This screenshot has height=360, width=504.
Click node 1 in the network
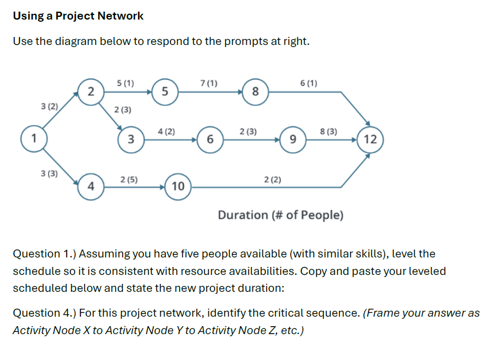point(33,139)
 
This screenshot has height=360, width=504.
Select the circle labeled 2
point(91,91)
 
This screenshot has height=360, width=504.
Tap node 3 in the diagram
point(131,140)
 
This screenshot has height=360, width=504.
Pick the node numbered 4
point(91,187)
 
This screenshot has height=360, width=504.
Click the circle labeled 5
point(165,91)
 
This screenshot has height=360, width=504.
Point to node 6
point(210,140)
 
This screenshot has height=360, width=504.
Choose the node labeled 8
point(255,91)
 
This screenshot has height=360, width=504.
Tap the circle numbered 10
point(178,186)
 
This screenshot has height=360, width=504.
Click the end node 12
point(370,140)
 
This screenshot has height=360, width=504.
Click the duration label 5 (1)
point(125,83)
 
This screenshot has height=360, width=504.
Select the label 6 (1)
point(308,83)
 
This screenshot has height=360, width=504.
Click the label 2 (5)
point(130,179)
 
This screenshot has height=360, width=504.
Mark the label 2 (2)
point(272,180)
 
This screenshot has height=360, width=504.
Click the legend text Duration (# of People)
point(280,215)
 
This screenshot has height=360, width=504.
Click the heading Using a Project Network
point(78,16)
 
